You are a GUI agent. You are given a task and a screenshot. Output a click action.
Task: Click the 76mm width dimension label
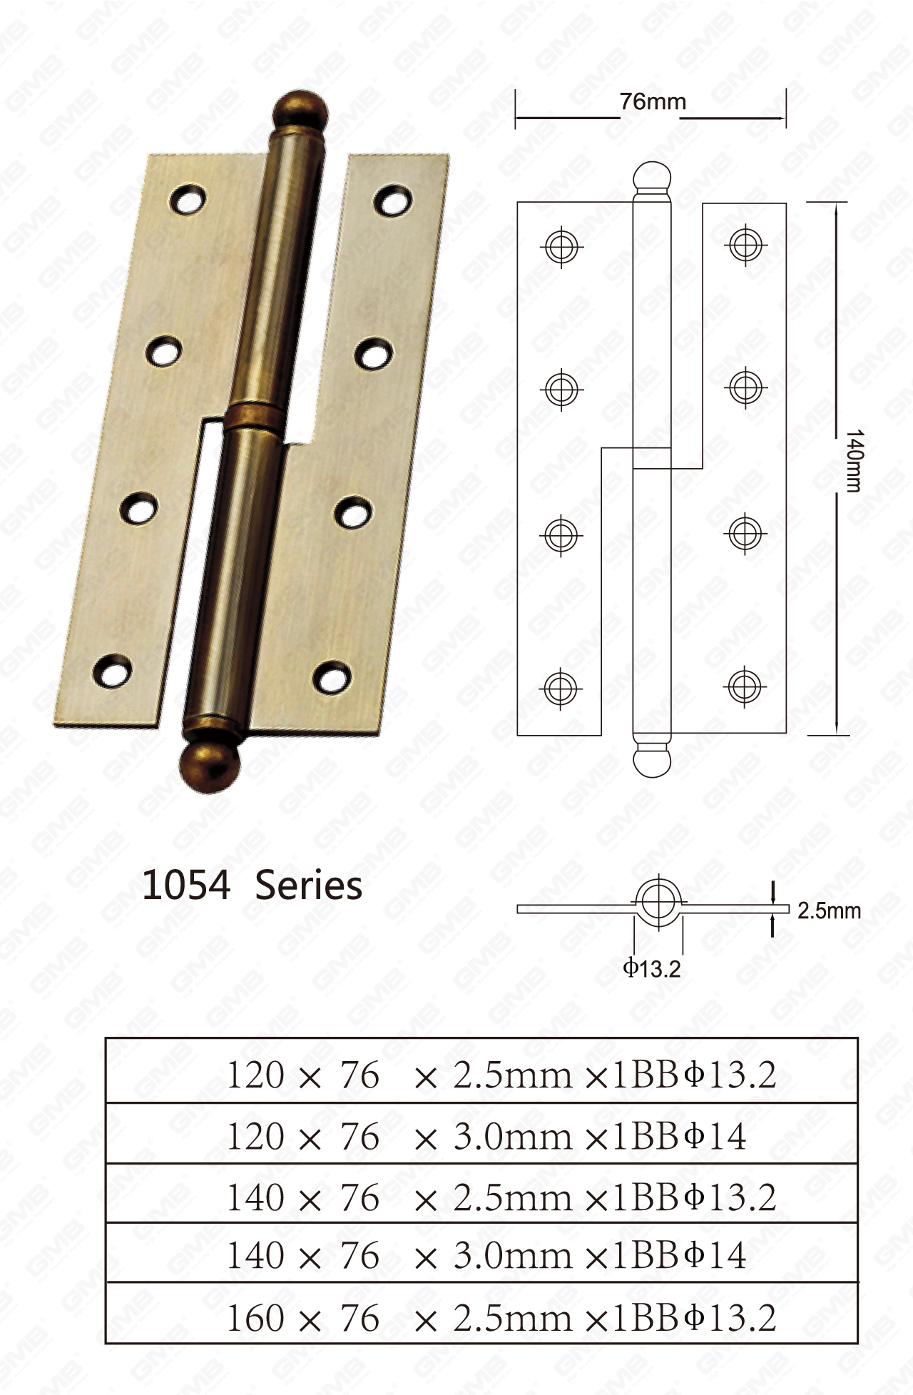[x=652, y=103]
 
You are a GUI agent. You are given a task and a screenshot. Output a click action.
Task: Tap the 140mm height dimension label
[x=854, y=460]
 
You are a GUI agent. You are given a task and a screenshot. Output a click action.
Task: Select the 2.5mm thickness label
[x=829, y=911]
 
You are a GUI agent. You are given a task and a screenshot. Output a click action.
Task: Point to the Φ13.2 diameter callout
[x=651, y=968]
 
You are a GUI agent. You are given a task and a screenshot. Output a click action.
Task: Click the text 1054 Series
[x=252, y=886]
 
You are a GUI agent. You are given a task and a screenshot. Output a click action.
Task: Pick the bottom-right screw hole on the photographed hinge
[x=332, y=676]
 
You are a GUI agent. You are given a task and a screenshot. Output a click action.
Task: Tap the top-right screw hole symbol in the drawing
[x=745, y=245]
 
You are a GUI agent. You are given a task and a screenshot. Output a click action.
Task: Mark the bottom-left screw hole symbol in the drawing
[x=561, y=688]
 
